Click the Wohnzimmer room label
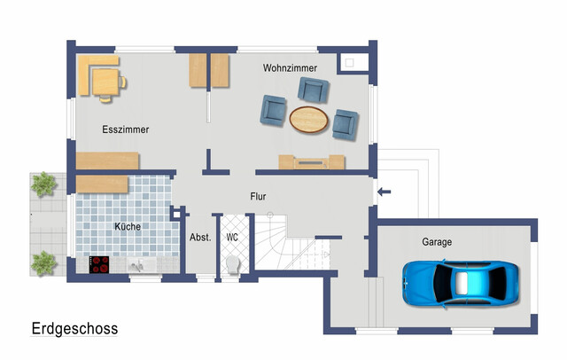coord(290,68)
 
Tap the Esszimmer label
coord(126,129)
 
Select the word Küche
coord(128,226)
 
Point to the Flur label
coord(258,197)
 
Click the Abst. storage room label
coord(200,238)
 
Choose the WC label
coord(232,238)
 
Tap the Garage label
coord(437,242)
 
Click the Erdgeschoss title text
coord(74,329)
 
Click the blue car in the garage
coord(461,284)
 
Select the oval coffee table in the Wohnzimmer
coord(309,120)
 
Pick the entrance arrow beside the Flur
coord(384,192)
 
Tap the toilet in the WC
coord(233,264)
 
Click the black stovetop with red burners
coord(99,264)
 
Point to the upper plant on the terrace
coord(43,184)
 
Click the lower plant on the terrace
coord(43,263)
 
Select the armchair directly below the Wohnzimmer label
coord(313,90)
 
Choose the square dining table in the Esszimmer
coord(105,82)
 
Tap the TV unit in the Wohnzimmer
coord(311,162)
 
